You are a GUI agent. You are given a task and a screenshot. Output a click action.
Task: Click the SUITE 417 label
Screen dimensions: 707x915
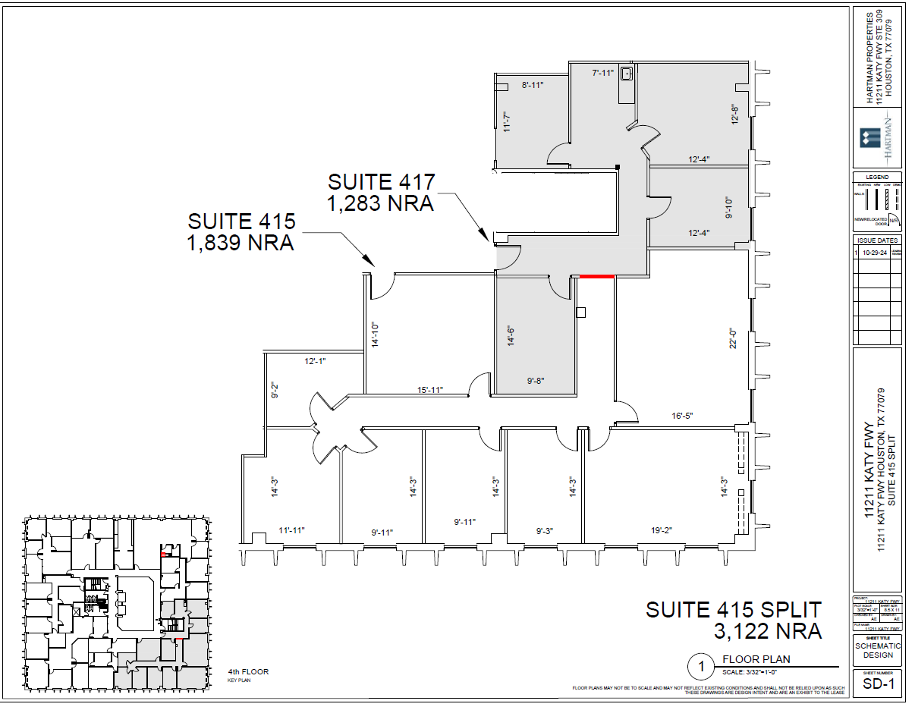click(381, 183)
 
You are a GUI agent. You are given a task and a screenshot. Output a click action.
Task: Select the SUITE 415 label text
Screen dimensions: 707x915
click(241, 222)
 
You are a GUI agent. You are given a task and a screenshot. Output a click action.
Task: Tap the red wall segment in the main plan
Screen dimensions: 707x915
click(596, 277)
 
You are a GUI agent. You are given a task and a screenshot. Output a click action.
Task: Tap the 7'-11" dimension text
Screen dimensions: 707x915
click(602, 73)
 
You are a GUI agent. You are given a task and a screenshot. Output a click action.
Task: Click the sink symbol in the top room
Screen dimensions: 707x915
click(627, 74)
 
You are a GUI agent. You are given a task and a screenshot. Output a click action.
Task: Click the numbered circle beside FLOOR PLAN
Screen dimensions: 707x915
click(701, 667)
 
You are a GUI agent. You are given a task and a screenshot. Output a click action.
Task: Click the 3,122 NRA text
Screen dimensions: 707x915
click(767, 630)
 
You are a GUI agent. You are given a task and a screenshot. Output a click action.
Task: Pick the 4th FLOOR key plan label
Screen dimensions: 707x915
click(248, 672)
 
